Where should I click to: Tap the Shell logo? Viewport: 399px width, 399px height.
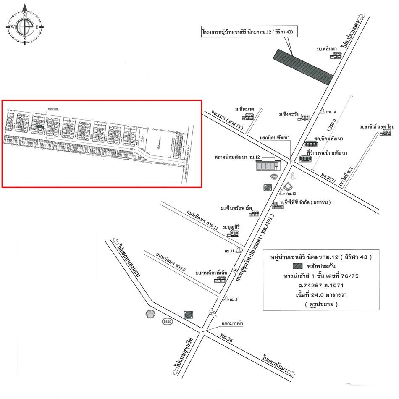(150, 314)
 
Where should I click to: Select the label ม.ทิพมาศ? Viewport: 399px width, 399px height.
(245, 109)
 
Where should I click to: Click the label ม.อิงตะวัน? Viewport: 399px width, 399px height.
(289, 114)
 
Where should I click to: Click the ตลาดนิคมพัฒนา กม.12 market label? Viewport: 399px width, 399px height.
(237, 157)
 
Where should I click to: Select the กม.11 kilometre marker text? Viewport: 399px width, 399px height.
(229, 251)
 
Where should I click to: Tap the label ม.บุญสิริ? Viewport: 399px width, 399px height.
(231, 227)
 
